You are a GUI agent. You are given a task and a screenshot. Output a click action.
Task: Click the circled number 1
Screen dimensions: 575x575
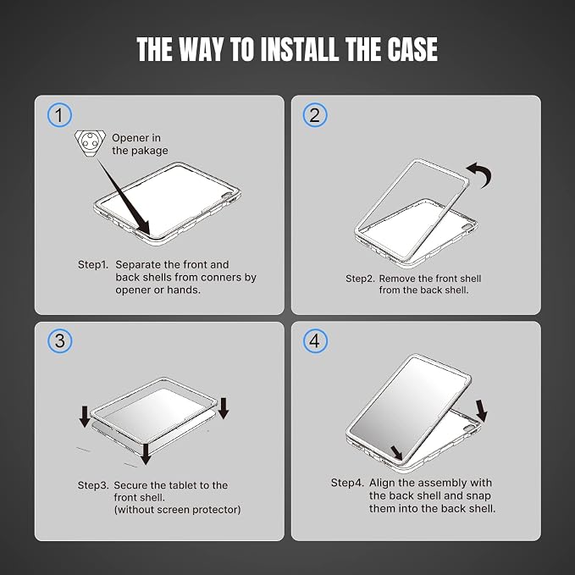point(59,115)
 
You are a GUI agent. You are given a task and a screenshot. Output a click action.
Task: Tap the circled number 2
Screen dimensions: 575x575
point(315,115)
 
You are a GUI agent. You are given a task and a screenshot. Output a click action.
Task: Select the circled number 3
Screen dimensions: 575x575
point(59,340)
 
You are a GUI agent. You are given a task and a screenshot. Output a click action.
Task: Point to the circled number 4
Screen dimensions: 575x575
point(315,340)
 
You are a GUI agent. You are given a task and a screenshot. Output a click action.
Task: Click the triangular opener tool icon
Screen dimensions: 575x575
point(91,142)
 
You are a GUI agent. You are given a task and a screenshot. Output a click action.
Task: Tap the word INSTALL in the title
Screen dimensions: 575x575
point(299,49)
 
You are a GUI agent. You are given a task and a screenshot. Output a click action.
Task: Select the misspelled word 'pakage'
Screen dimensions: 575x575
point(149,151)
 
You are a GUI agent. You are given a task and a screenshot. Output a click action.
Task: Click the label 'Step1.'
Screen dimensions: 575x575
point(93,264)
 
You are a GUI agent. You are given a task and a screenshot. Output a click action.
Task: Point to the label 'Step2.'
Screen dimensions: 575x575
point(360,279)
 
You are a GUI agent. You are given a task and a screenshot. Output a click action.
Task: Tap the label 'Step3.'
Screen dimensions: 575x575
point(93,485)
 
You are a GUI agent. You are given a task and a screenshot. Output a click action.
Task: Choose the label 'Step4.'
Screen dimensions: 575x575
point(347,483)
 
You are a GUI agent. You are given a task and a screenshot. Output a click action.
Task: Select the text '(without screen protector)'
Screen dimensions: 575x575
point(178,510)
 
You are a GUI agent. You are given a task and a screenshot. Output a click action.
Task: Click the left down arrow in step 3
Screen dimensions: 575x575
point(85,416)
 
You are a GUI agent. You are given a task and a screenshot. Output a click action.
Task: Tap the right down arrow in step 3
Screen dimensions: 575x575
point(224,408)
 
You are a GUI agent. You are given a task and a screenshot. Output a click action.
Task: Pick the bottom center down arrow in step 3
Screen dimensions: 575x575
point(146,454)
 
